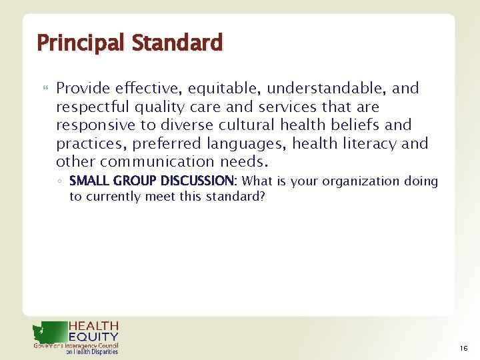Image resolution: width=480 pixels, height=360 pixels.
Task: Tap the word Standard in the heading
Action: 177,43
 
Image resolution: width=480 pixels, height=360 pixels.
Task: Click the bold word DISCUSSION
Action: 198,181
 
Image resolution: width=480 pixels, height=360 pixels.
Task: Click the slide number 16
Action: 463,349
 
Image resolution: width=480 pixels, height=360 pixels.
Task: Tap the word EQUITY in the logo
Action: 93,337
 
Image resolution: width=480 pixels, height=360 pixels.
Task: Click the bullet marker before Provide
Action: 45,89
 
